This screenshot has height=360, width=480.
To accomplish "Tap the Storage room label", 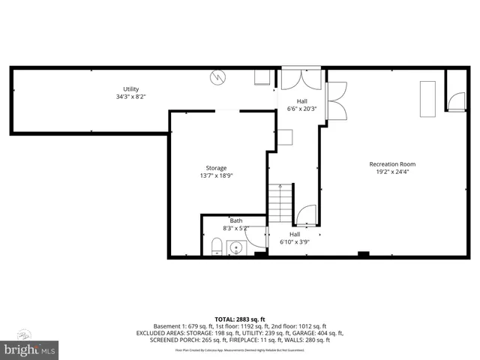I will [x=216, y=168].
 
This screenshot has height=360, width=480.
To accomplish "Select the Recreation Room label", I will [x=391, y=164].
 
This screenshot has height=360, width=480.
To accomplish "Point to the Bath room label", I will [x=236, y=220].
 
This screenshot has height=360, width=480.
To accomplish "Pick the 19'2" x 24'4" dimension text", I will [x=391, y=172].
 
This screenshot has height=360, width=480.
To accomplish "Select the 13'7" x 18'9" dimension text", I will [x=216, y=175].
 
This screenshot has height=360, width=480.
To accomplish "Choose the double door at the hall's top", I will [x=301, y=79].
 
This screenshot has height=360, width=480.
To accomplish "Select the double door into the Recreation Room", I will [x=337, y=100].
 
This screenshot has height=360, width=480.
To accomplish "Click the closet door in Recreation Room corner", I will [x=454, y=101].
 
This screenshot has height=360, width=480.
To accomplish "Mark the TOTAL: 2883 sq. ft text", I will [x=240, y=319].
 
